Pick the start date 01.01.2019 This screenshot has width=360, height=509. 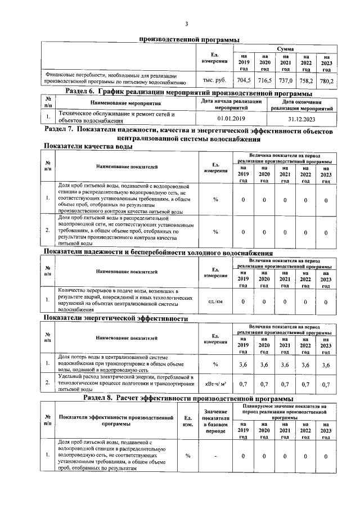(x=231, y=119)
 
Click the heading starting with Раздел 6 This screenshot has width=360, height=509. (x=188, y=93)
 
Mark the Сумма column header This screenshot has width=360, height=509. (x=285, y=50)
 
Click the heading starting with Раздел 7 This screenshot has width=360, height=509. (x=188, y=134)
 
